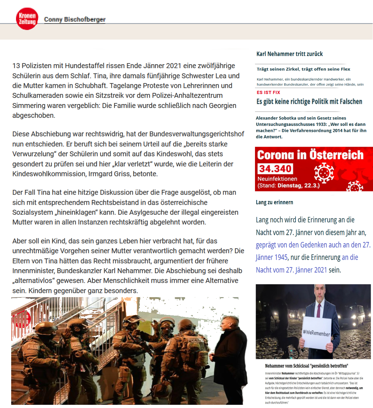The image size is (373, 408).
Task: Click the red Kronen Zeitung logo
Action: coord(27,19)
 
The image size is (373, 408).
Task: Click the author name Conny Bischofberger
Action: coord(75,19)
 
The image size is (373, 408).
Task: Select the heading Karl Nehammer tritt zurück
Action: coord(290,54)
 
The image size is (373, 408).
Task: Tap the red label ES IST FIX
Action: coord(268,92)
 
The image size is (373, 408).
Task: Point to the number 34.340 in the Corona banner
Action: coord(275,168)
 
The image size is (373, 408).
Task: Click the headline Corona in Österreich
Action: coord(310,155)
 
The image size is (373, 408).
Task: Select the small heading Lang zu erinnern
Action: coord(274,202)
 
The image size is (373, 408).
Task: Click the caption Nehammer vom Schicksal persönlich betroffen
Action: coord(306,366)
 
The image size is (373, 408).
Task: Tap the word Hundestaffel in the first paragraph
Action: coord(95,66)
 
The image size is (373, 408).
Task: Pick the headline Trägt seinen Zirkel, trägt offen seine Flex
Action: coord(303,69)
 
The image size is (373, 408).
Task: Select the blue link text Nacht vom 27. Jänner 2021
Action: coord(291,270)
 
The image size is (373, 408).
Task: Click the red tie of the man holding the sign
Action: coord(319,309)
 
